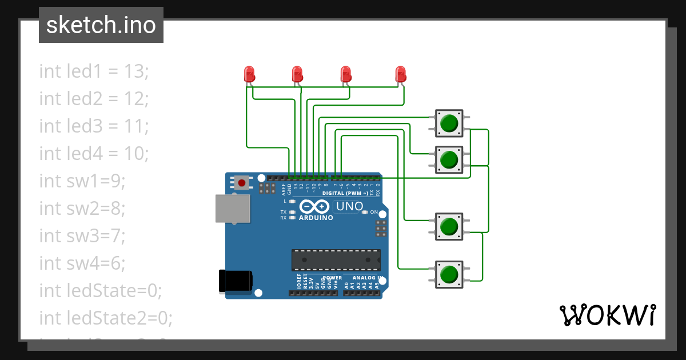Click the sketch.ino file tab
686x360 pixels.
coord(101,25)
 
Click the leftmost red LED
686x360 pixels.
coord(249,74)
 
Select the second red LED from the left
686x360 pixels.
coord(297,74)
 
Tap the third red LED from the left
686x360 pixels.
coord(345,74)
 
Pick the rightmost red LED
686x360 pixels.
coord(400,74)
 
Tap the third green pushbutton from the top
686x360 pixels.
coord(449,227)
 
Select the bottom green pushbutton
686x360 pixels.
coord(449,274)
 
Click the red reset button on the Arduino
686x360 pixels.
coord(242,183)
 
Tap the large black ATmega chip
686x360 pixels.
coord(336,259)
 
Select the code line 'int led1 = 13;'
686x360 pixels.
coord(94,71)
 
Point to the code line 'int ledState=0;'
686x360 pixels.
coord(101,290)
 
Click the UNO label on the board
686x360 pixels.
coord(349,206)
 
